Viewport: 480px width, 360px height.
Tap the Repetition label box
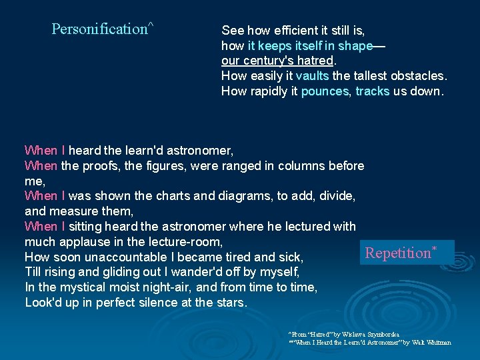[x=407, y=253]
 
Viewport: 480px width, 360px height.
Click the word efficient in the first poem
[x=291, y=30]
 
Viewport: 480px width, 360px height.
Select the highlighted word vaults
[x=312, y=76]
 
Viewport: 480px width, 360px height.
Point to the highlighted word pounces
[x=325, y=91]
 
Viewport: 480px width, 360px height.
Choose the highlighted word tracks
[x=373, y=91]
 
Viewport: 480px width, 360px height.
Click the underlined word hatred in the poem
[x=316, y=61]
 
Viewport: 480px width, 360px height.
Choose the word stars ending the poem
[x=231, y=303]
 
